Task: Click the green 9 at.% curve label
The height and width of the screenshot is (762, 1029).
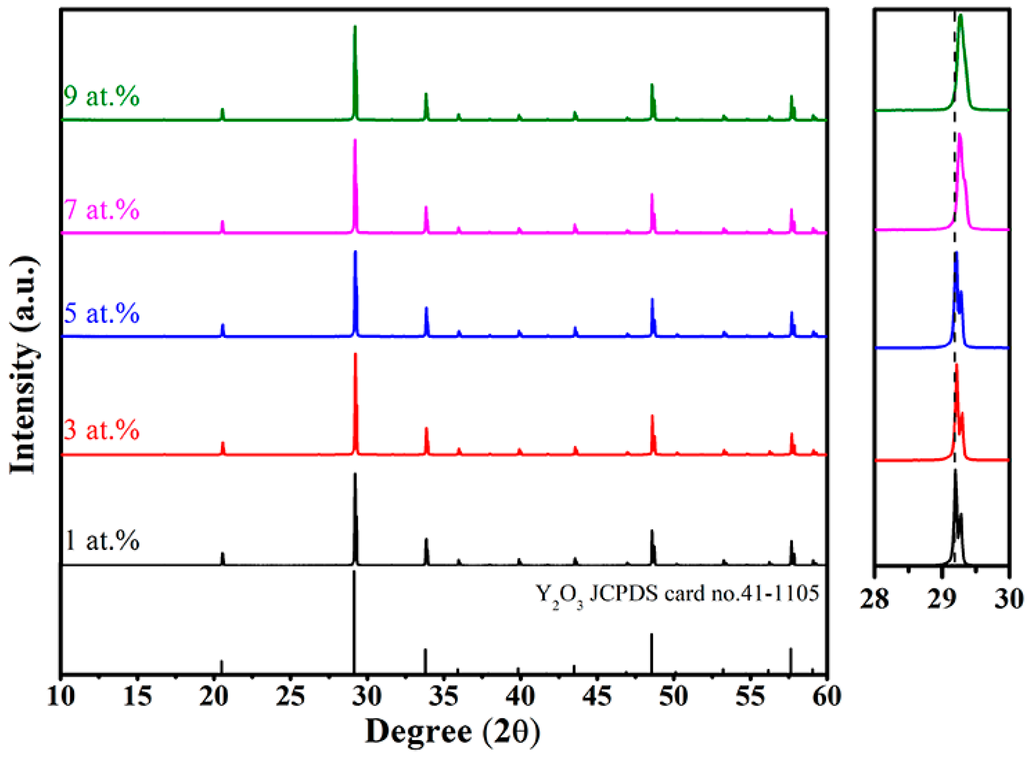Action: pos(101,96)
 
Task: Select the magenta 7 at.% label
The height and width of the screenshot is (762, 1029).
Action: pos(101,210)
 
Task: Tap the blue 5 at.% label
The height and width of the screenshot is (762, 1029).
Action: pos(101,313)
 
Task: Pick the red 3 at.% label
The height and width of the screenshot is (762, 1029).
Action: pos(101,430)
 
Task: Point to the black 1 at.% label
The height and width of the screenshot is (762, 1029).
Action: pos(101,541)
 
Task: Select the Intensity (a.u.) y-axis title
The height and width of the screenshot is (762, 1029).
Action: pos(23,364)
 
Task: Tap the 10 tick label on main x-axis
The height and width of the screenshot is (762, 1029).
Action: pos(61,696)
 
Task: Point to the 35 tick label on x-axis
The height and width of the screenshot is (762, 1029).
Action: pos(444,696)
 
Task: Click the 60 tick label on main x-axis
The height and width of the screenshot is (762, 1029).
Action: pos(827,696)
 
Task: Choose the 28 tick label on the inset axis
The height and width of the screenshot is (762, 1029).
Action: pos(874,599)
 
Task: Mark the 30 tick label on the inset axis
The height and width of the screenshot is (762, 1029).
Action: pos(1009,599)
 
